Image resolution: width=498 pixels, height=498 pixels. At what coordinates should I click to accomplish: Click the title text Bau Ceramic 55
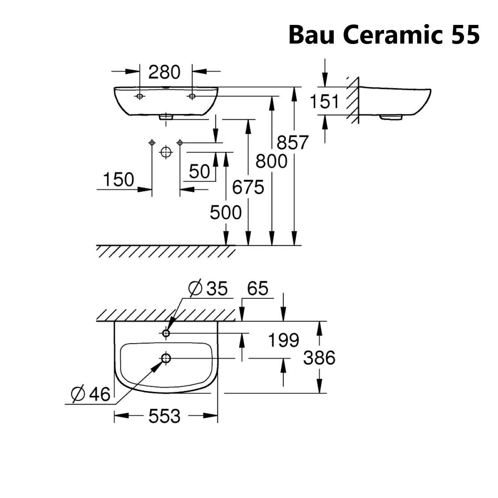(x=384, y=35)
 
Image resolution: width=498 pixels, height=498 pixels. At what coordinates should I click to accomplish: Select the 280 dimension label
(x=165, y=72)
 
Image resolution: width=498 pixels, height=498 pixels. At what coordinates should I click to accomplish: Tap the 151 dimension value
(x=325, y=101)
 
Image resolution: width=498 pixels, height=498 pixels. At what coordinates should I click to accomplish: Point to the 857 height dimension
(x=293, y=143)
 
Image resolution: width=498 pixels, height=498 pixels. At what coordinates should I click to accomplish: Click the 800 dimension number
(x=271, y=161)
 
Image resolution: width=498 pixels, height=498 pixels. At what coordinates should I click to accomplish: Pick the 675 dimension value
(x=248, y=188)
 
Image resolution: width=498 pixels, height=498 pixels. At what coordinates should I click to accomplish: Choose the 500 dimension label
(x=225, y=213)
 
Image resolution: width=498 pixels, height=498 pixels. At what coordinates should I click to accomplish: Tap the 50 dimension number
(x=200, y=171)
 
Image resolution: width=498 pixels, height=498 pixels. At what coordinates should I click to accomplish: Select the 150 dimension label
(x=119, y=180)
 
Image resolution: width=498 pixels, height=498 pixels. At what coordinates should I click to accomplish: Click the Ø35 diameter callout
(x=208, y=289)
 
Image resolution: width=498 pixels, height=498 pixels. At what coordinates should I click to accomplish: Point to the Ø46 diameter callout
(x=91, y=394)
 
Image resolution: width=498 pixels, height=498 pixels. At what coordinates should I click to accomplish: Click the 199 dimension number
(x=283, y=340)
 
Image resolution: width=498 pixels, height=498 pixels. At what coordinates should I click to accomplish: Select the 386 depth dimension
(x=319, y=357)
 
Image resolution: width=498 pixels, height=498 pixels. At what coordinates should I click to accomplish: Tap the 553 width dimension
(x=165, y=416)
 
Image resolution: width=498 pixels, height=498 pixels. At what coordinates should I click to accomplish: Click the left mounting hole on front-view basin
(x=140, y=96)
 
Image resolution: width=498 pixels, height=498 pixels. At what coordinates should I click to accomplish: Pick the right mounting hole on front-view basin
(x=192, y=96)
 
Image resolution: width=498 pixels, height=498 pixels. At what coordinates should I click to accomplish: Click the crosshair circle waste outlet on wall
(x=166, y=152)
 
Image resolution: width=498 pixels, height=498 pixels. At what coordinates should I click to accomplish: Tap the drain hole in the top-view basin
(x=166, y=358)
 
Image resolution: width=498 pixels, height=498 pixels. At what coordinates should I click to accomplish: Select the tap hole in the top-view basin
(x=166, y=333)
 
